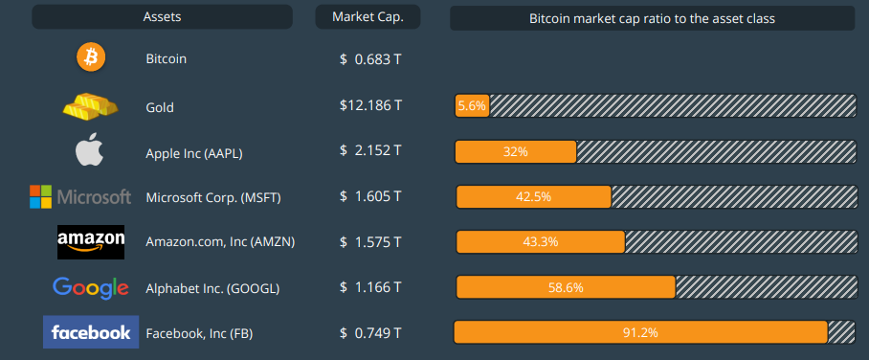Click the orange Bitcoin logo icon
click(x=92, y=58)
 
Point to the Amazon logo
click(x=91, y=241)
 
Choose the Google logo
click(x=91, y=287)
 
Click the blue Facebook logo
click(x=91, y=332)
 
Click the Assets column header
click(x=162, y=17)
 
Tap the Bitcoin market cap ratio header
click(x=652, y=18)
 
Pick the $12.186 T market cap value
click(x=370, y=106)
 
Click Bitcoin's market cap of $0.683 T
click(x=370, y=59)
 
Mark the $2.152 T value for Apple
click(x=370, y=151)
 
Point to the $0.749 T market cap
click(x=370, y=332)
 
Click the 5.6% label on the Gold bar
click(x=473, y=106)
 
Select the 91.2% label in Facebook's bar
click(x=639, y=332)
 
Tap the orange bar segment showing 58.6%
click(x=566, y=287)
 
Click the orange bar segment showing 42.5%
click(x=533, y=197)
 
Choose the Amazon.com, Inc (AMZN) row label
click(x=220, y=242)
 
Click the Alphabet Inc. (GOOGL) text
click(x=212, y=287)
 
